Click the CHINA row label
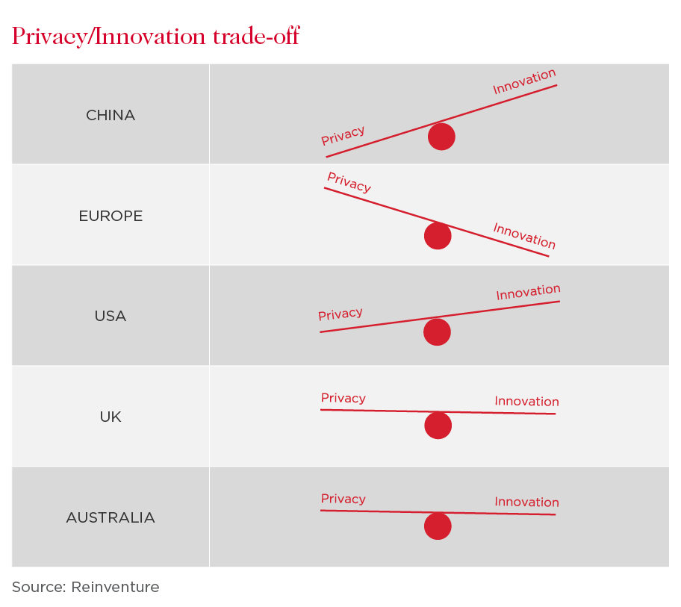(111, 115)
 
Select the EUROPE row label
(111, 216)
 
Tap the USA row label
(111, 316)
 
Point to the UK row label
(111, 417)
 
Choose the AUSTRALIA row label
(111, 517)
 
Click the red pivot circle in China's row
(441, 137)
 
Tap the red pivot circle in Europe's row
(438, 236)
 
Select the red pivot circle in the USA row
(437, 332)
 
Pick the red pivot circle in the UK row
(438, 426)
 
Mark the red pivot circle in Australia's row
(438, 526)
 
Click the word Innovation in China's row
(524, 81)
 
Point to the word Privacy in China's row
(343, 135)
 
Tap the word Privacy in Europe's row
(349, 182)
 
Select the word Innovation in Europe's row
(524, 236)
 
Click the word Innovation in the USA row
(528, 292)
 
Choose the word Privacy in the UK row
(343, 398)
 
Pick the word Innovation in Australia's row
(527, 502)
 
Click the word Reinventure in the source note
(115, 587)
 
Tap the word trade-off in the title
(256, 36)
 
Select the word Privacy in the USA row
(340, 314)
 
